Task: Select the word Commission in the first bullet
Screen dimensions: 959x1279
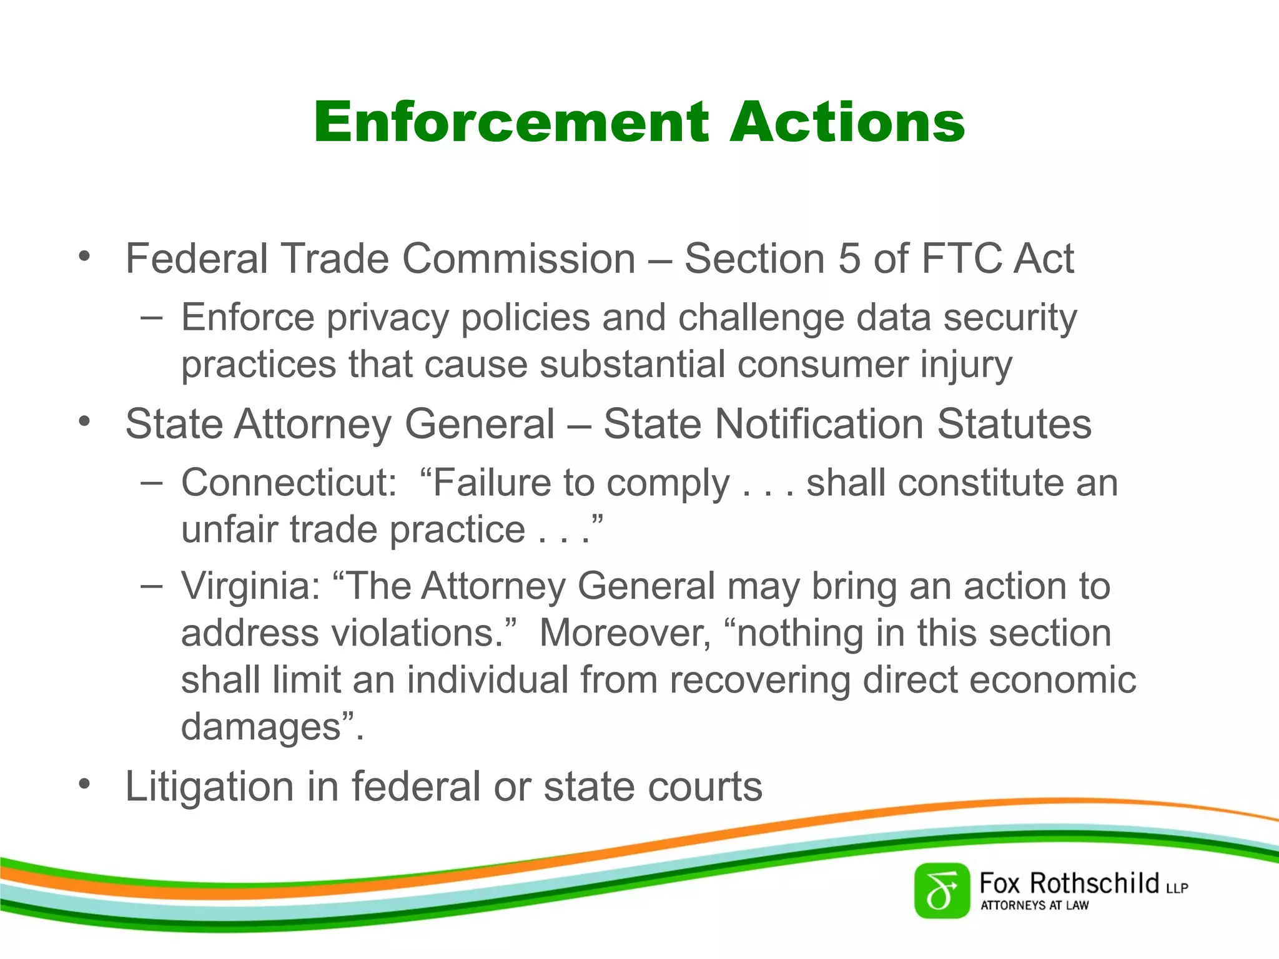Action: point(518,258)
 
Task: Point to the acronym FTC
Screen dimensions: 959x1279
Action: point(962,258)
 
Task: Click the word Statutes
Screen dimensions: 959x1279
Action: point(1014,425)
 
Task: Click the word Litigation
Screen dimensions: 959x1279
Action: point(209,787)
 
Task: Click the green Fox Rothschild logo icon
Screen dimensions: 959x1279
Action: point(942,891)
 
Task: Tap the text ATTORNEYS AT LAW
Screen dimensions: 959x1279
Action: point(1034,905)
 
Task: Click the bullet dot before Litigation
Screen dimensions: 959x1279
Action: point(85,784)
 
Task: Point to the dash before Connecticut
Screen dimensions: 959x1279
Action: point(152,483)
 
